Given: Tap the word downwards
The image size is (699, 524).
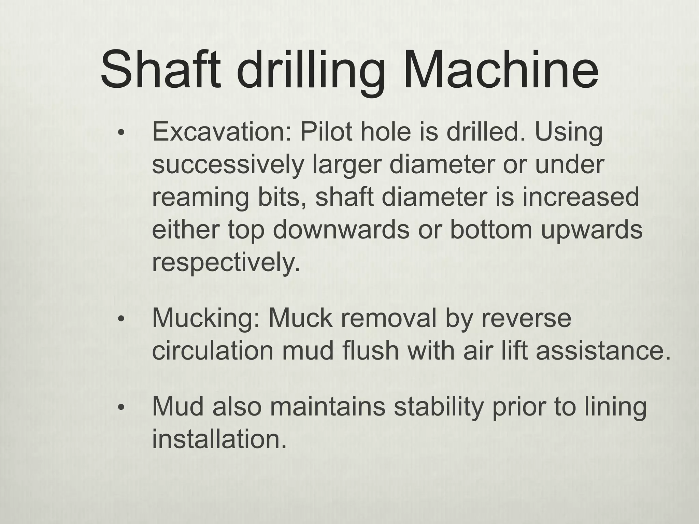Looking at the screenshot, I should tap(341, 230).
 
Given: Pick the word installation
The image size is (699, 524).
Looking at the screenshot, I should tap(219, 439).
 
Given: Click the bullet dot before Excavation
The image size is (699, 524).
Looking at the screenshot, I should tap(120, 133).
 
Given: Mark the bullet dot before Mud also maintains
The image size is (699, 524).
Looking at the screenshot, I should tap(120, 408).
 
